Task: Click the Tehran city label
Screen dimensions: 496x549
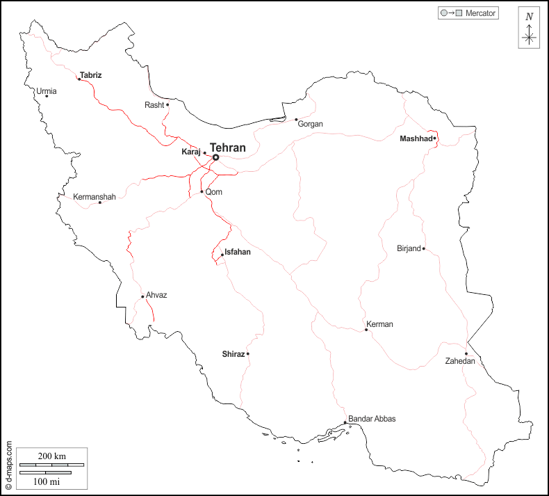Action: tap(228, 148)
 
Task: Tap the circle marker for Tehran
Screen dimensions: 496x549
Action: tap(215, 158)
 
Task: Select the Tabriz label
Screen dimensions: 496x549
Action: tap(91, 74)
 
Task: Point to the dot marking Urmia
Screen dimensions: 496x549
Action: tap(47, 96)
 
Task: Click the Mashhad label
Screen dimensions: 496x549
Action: tap(416, 139)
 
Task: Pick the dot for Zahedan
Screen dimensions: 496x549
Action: tap(466, 353)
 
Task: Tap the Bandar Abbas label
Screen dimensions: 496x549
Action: tap(372, 419)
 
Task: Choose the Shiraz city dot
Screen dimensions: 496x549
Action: tap(247, 354)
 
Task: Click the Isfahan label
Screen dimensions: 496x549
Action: tap(238, 253)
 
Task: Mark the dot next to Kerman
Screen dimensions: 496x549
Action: tap(366, 330)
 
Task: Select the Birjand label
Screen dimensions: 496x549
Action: tap(409, 248)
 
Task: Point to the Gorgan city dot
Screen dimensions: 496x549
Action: tap(296, 120)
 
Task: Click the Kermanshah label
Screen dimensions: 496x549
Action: tap(95, 198)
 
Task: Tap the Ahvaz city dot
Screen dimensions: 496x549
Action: tap(142, 297)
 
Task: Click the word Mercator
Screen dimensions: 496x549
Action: tap(481, 13)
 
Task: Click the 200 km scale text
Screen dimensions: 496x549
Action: tap(51, 456)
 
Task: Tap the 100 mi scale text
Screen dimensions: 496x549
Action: tap(46, 481)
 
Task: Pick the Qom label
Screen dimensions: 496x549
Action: tap(213, 193)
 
